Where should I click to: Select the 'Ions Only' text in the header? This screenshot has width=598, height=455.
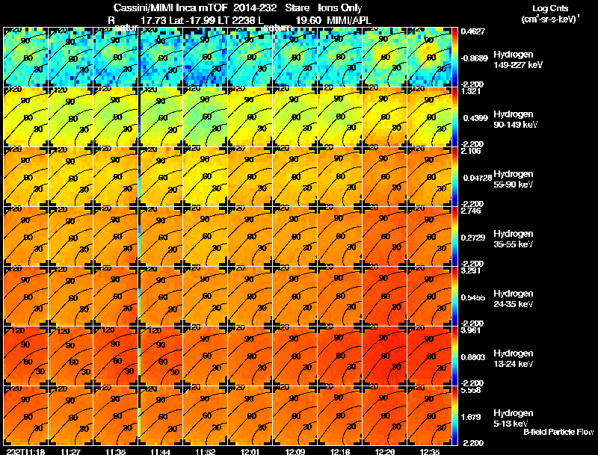point(340,8)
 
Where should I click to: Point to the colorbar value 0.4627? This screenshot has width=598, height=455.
point(472,31)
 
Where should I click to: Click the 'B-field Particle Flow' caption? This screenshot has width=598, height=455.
point(558,432)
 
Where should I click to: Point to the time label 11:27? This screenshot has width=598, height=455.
point(71,451)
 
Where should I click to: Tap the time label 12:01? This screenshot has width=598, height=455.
point(250,451)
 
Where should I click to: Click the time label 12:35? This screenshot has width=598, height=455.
point(431,451)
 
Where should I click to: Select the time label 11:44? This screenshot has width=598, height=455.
point(161,451)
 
